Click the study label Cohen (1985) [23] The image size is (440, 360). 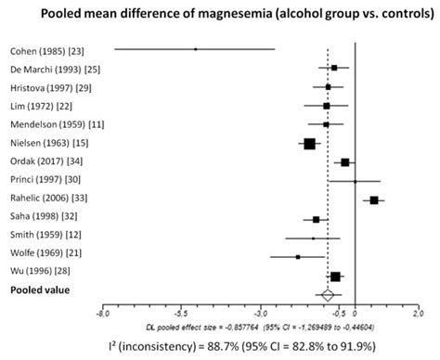point(45,49)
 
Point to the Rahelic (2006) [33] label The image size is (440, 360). point(49,199)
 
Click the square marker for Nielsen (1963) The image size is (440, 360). point(310,143)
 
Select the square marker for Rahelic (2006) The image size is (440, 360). point(374,199)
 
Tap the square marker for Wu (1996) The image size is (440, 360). point(335,276)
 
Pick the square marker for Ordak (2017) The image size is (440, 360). point(345,161)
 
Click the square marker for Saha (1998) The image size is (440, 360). point(317,219)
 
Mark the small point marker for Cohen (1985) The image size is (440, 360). point(196,49)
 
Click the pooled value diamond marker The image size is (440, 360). point(327,295)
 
